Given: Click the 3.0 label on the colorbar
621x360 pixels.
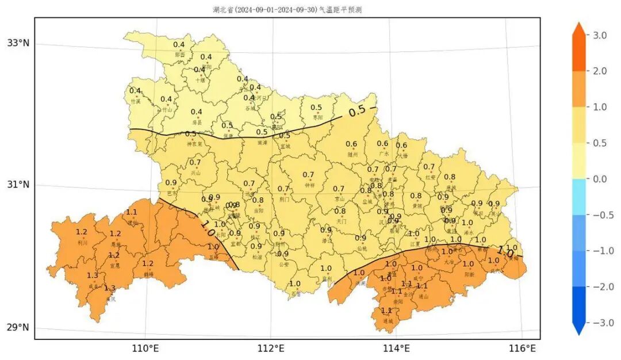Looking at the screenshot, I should tap(600, 36).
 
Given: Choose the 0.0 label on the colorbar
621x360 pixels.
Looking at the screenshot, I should tap(600, 179).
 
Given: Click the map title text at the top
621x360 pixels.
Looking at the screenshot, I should tap(287, 10).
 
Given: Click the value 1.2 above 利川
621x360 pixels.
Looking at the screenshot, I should tap(82, 232).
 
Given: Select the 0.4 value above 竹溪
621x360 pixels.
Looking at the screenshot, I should tap(135, 91).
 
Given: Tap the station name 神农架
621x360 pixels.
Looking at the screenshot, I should tap(194, 144).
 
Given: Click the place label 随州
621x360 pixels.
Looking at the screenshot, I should tap(352, 155).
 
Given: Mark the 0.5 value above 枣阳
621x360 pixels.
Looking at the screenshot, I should tap(316, 108).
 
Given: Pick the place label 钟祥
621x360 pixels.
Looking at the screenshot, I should tap(309, 185).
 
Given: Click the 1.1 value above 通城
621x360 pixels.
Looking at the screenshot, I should tap(386, 311).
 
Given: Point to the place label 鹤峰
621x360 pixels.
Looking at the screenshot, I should tap(149, 274).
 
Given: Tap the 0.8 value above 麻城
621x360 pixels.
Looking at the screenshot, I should tap(450, 177).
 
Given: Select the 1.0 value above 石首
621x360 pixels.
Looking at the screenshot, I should tap(295, 284).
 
